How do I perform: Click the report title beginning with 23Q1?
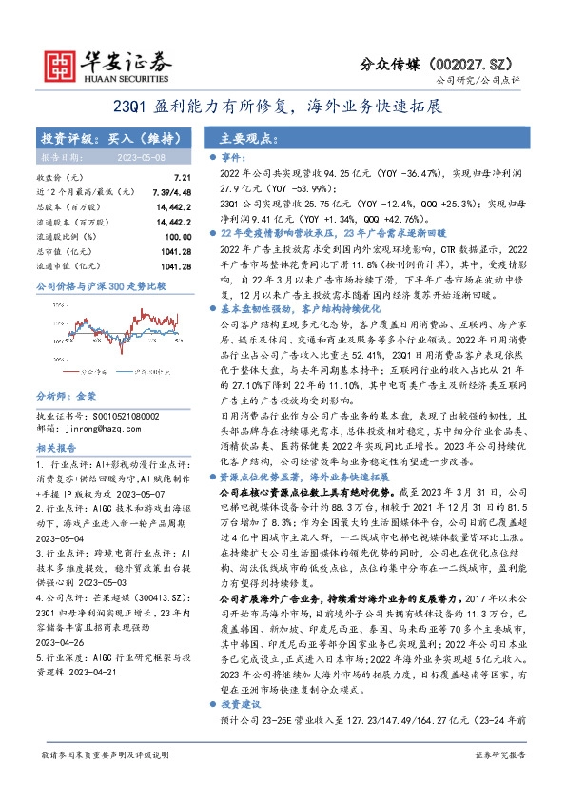283,107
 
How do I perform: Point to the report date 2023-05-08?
146,156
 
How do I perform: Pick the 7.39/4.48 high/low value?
173,191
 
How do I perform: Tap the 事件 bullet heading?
233,155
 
